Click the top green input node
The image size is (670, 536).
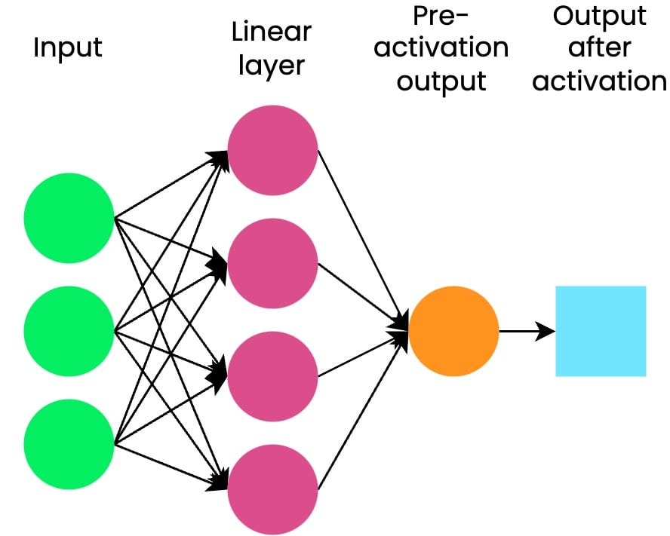coord(69,218)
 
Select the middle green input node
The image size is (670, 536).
coord(69,331)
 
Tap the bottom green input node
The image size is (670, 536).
coord(69,444)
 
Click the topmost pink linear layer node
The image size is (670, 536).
coord(272,150)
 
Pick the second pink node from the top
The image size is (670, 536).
coord(272,263)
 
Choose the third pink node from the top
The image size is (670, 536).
coord(272,376)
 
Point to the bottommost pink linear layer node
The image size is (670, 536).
coord(272,489)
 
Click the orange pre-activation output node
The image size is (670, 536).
coord(453,331)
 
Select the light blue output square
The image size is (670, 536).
coord(601,331)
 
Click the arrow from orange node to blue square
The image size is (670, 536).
coord(526,331)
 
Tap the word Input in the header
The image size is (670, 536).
coord(68,48)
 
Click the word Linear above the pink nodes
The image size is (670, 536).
coord(271,32)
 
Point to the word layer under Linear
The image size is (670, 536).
coord(271,66)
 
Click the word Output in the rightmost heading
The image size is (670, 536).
coord(600,16)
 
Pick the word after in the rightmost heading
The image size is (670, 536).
coord(600,48)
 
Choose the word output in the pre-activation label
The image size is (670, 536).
coord(441,81)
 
